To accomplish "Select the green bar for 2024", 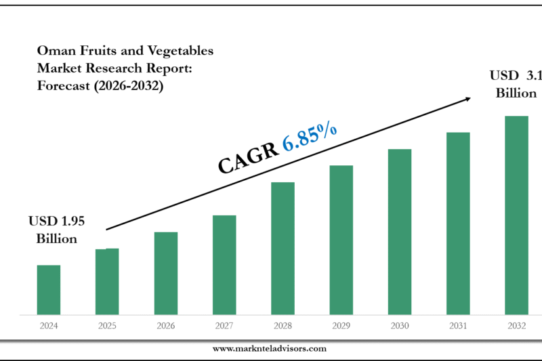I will (49, 290).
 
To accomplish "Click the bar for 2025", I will (107, 282).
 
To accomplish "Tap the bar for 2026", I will (165, 274).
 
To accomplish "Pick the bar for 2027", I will (224, 265).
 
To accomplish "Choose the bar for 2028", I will (283, 249).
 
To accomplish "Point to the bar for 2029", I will (341, 240).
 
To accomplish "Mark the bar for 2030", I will (400, 232).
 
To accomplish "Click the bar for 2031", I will (458, 224).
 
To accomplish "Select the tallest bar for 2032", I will (516, 215).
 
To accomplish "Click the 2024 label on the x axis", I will (49, 326).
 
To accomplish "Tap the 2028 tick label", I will (283, 326).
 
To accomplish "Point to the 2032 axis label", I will (516, 326).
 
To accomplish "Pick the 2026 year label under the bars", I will (165, 326).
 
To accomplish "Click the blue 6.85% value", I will (310, 138).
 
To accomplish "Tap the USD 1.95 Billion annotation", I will (56, 230).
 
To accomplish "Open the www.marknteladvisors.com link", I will (270, 348).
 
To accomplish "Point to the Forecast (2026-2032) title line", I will (100, 85).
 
